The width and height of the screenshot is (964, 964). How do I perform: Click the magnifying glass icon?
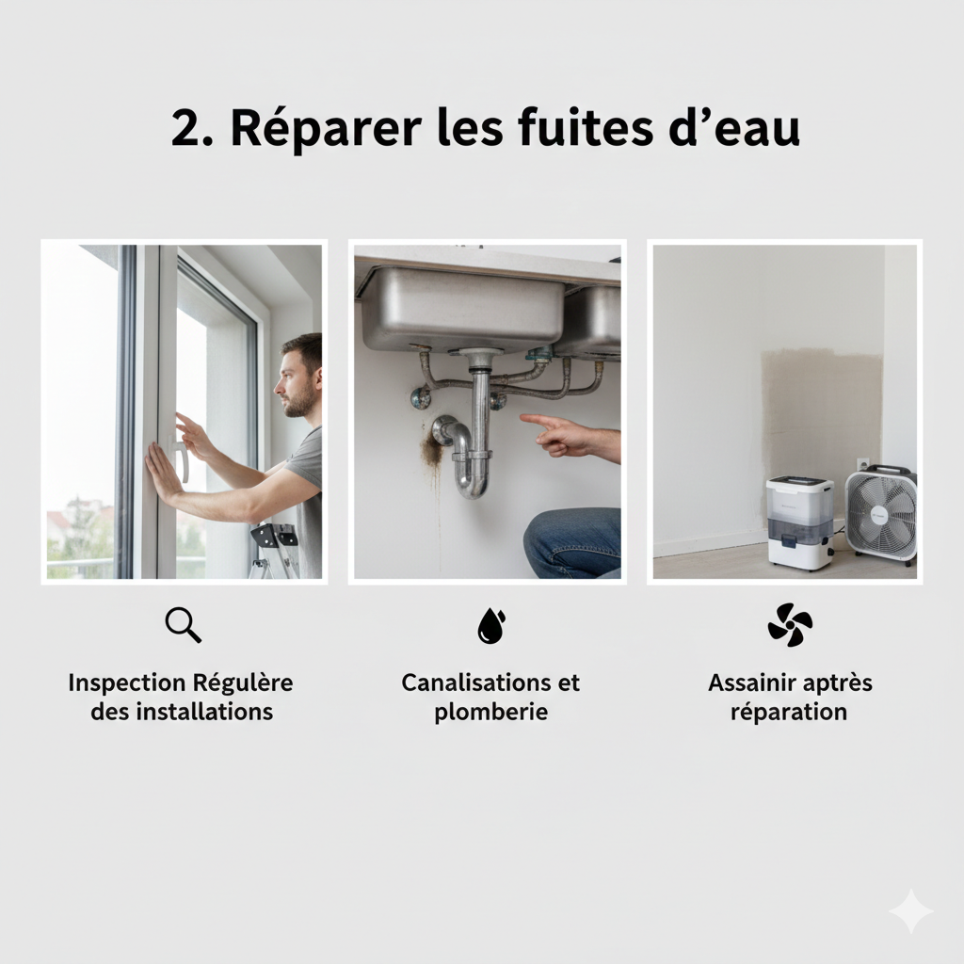(182, 624)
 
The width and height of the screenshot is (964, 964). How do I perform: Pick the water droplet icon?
(490, 625)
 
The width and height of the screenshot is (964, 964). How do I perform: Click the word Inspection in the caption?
(126, 683)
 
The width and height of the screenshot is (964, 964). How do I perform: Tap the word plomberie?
(490, 712)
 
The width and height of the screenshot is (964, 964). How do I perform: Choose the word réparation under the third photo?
(789, 712)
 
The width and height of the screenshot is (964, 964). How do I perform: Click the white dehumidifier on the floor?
(798, 522)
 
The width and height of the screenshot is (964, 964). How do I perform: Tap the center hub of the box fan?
(880, 514)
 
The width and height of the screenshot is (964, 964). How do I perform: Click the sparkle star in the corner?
(910, 910)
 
